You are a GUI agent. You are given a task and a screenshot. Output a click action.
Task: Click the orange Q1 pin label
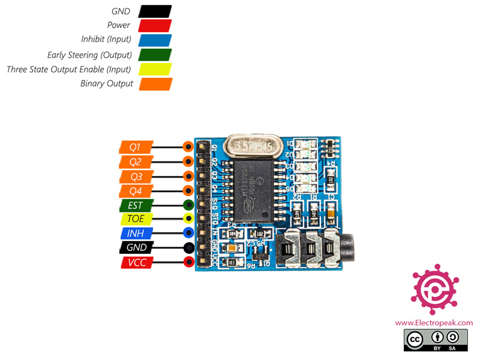(x=136, y=146)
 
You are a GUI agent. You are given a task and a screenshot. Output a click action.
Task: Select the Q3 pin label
(x=136, y=176)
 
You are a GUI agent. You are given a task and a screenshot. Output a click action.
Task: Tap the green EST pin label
(x=136, y=205)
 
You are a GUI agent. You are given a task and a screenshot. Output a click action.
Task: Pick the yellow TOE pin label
(x=136, y=219)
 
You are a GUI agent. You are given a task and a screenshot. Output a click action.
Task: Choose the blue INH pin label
(x=136, y=233)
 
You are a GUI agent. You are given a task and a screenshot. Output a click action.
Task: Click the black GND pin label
(x=136, y=247)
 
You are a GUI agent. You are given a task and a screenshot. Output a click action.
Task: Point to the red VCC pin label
(x=136, y=262)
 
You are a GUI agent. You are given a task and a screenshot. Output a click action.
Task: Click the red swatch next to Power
(x=155, y=25)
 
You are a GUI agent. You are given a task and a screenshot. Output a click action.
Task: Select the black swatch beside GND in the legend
(x=155, y=11)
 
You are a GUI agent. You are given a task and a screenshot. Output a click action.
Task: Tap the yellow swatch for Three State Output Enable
(x=155, y=70)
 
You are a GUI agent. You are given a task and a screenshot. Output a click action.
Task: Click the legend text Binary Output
(x=107, y=84)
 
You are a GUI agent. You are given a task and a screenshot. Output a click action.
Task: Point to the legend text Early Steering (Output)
(x=89, y=55)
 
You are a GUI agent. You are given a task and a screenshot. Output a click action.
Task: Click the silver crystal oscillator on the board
(x=250, y=145)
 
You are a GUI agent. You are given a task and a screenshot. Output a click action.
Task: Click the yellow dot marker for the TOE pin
(x=188, y=219)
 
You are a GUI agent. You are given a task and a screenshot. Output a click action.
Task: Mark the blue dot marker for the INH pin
(x=188, y=233)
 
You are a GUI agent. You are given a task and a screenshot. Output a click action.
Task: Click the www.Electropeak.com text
(x=434, y=323)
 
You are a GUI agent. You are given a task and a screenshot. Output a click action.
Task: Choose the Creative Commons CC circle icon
(x=415, y=340)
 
